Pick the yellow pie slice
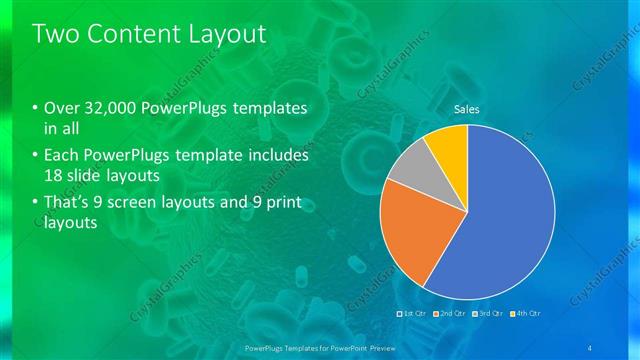click(x=448, y=144)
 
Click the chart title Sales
click(x=467, y=109)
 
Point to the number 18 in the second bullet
click(x=55, y=176)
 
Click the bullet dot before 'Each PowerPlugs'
click(x=36, y=157)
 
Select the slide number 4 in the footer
click(x=590, y=346)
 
